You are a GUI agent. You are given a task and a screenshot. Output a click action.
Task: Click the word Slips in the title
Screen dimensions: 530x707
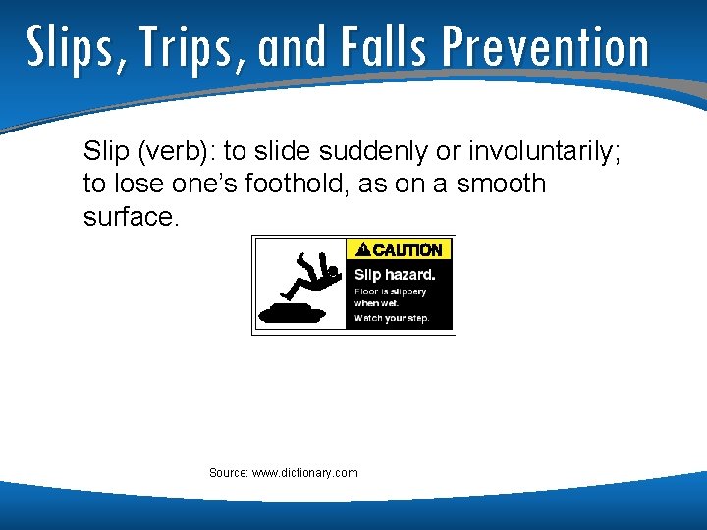[x=70, y=46]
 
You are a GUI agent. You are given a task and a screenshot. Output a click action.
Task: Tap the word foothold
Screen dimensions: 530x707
[x=295, y=184]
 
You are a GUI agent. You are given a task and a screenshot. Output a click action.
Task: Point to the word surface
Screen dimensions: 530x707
[x=131, y=216]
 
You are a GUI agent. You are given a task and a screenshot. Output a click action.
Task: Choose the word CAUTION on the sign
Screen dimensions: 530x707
[x=408, y=250]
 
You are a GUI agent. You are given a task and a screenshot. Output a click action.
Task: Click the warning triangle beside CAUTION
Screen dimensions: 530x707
[x=362, y=250]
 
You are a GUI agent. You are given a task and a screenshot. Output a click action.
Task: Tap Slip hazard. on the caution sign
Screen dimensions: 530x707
[x=394, y=275]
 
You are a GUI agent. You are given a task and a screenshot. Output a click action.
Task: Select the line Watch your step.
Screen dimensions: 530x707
[x=392, y=318]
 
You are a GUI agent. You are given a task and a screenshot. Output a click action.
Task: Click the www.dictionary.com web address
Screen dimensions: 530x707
[x=305, y=473]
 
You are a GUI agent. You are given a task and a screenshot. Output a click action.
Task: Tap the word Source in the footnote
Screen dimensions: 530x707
[x=228, y=473]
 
